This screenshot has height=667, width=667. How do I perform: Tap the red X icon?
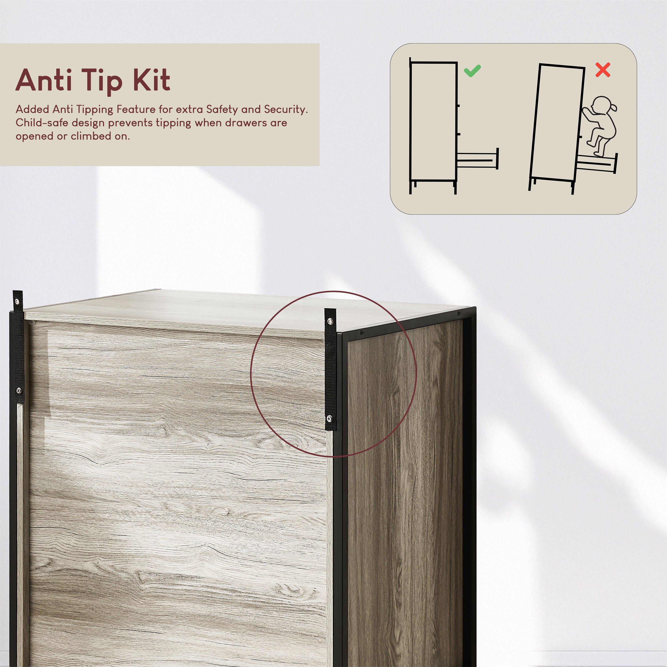[603, 70]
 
